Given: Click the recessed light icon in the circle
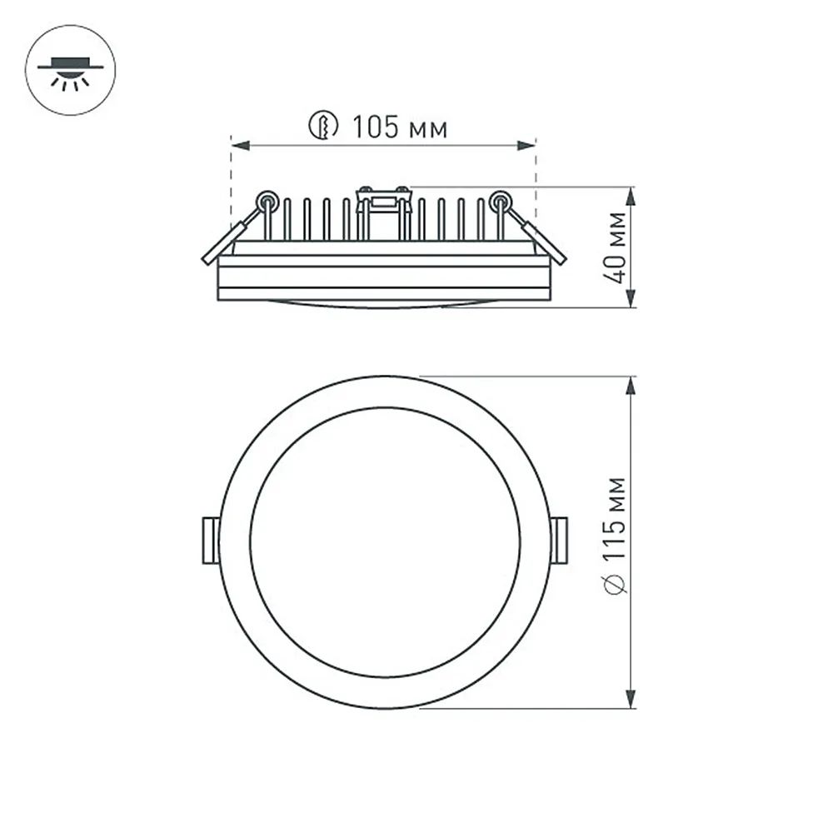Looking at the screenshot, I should pos(71,70).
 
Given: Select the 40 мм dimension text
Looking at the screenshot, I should pos(616,248).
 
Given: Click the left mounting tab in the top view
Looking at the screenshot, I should pos(210,541).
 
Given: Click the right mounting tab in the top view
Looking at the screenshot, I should pos(559,541).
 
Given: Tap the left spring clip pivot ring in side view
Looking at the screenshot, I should pos(267,200).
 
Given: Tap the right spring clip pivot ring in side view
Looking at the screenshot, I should pos(501,200).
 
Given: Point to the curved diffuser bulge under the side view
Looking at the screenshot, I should pos(383,304).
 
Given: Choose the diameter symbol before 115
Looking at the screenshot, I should pos(616,586).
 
